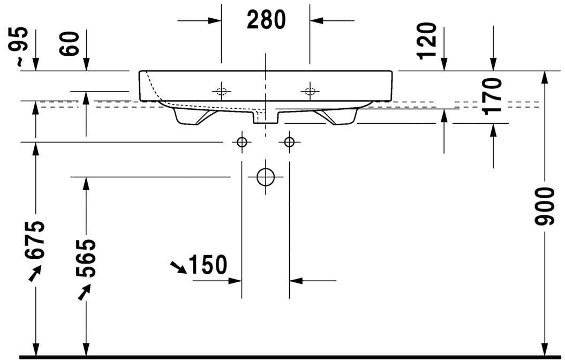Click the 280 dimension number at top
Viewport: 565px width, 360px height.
click(x=266, y=20)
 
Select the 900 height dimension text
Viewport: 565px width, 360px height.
click(x=545, y=207)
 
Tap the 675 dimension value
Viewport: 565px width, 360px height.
click(x=35, y=239)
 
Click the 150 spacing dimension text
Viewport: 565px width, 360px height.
click(x=207, y=265)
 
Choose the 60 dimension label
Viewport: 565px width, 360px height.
click(x=70, y=43)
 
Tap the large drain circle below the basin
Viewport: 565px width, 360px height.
click(x=265, y=176)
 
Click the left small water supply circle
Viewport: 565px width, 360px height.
click(x=242, y=142)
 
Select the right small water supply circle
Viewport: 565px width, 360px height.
click(x=289, y=142)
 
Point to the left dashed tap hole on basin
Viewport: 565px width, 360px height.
click(x=221, y=91)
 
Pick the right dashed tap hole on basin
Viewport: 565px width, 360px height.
click(x=309, y=91)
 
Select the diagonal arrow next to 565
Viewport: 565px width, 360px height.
click(x=84, y=292)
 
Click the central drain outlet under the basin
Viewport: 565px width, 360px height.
click(x=265, y=117)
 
